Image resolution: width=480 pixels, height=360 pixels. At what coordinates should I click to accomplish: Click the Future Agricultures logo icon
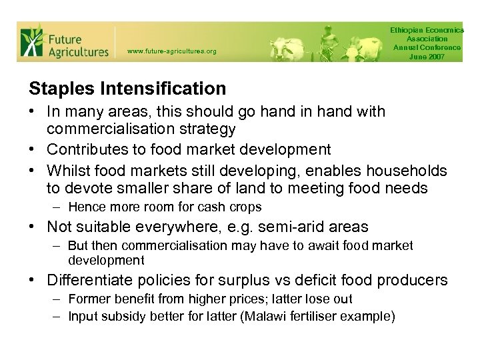(31, 41)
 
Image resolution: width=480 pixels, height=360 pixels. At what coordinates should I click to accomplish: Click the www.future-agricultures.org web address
(171, 51)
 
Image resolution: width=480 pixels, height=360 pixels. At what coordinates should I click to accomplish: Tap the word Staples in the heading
(57, 89)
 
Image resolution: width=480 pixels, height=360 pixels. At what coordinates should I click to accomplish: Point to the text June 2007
(427, 57)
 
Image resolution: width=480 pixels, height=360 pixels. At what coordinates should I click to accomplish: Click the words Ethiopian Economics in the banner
(427, 31)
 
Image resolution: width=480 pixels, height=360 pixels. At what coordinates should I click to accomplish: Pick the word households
(408, 171)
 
